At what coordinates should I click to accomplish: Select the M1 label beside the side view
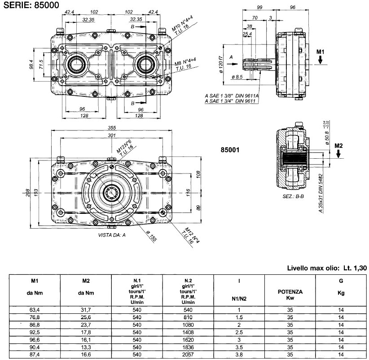tap(320, 52)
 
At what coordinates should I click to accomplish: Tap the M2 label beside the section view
tap(339, 145)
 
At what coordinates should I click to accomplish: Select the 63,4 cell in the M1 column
tap(34, 309)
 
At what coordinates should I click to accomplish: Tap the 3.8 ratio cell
tap(239, 354)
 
